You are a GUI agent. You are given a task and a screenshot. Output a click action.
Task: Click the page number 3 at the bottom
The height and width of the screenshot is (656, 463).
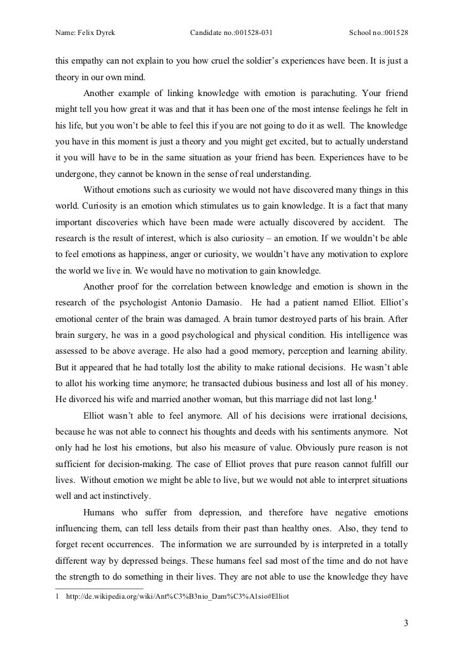coord(405,622)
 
